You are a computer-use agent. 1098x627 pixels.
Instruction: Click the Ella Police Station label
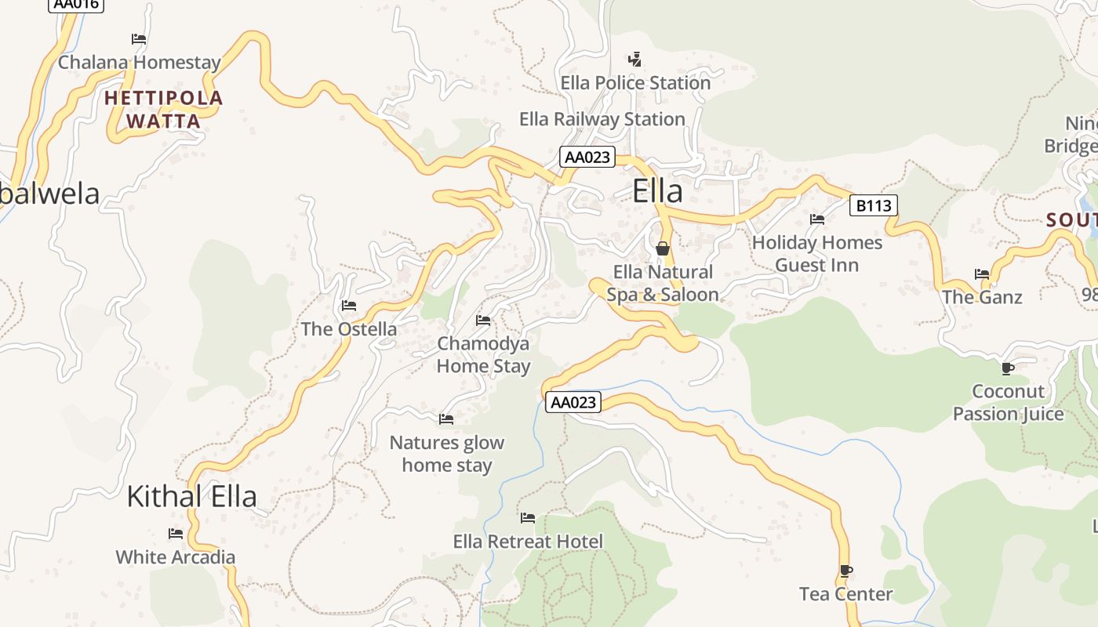tap(635, 82)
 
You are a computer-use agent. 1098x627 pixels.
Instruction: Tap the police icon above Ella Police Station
tap(634, 59)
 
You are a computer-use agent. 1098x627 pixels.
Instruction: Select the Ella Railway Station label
tap(602, 119)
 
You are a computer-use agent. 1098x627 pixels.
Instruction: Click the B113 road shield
tap(873, 206)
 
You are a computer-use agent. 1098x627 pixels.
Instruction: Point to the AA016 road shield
tap(76, 4)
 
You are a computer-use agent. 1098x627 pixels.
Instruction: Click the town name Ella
tap(657, 191)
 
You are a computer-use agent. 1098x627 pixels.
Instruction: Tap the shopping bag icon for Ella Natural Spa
tap(663, 248)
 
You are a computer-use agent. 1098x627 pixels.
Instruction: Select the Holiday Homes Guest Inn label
tap(816, 254)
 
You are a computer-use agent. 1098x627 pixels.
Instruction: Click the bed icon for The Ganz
tap(982, 274)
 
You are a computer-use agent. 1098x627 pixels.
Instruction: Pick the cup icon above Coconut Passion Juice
tap(1008, 368)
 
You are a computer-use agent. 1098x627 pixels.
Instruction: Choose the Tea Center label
tap(845, 594)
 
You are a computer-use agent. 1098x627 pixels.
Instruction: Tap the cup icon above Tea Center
tap(845, 571)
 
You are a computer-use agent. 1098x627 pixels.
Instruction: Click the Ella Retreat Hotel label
tap(528, 542)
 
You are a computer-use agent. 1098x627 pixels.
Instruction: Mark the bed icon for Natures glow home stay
tap(446, 419)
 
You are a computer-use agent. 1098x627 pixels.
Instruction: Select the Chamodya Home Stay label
tap(483, 355)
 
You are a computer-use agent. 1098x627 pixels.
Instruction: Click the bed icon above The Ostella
tap(349, 305)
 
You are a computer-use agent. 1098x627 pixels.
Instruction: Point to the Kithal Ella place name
tap(191, 497)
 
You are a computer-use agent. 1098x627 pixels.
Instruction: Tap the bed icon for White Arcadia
tap(176, 534)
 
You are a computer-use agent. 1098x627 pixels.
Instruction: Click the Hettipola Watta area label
tap(164, 110)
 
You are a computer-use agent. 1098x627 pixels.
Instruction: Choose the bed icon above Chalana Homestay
tap(139, 38)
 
